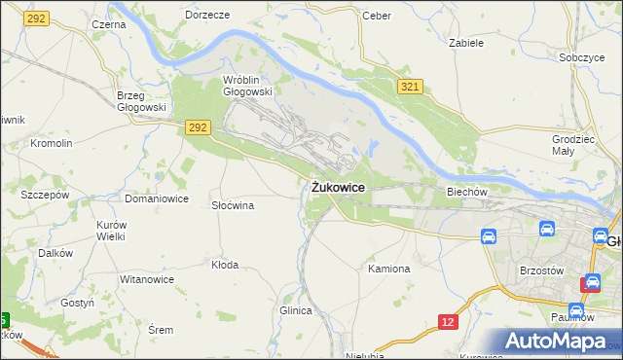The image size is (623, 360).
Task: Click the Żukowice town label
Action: coord(339,187)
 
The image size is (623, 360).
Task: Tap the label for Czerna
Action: coord(108,23)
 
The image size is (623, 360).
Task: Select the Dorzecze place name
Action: coord(207,16)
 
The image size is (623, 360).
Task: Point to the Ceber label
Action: coord(376,16)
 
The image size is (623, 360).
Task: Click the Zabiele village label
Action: coord(465,43)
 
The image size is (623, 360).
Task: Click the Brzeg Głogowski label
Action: coord(142,101)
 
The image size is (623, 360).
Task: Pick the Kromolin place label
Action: coord(52,143)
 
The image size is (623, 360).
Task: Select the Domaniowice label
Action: coord(156,198)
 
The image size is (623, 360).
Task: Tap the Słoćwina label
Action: coord(233,205)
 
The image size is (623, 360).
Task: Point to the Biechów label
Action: coord(465,192)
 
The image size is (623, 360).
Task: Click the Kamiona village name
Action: coord(388,268)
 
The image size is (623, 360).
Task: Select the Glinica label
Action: coord(295,310)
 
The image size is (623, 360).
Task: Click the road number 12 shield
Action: coord(447,322)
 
